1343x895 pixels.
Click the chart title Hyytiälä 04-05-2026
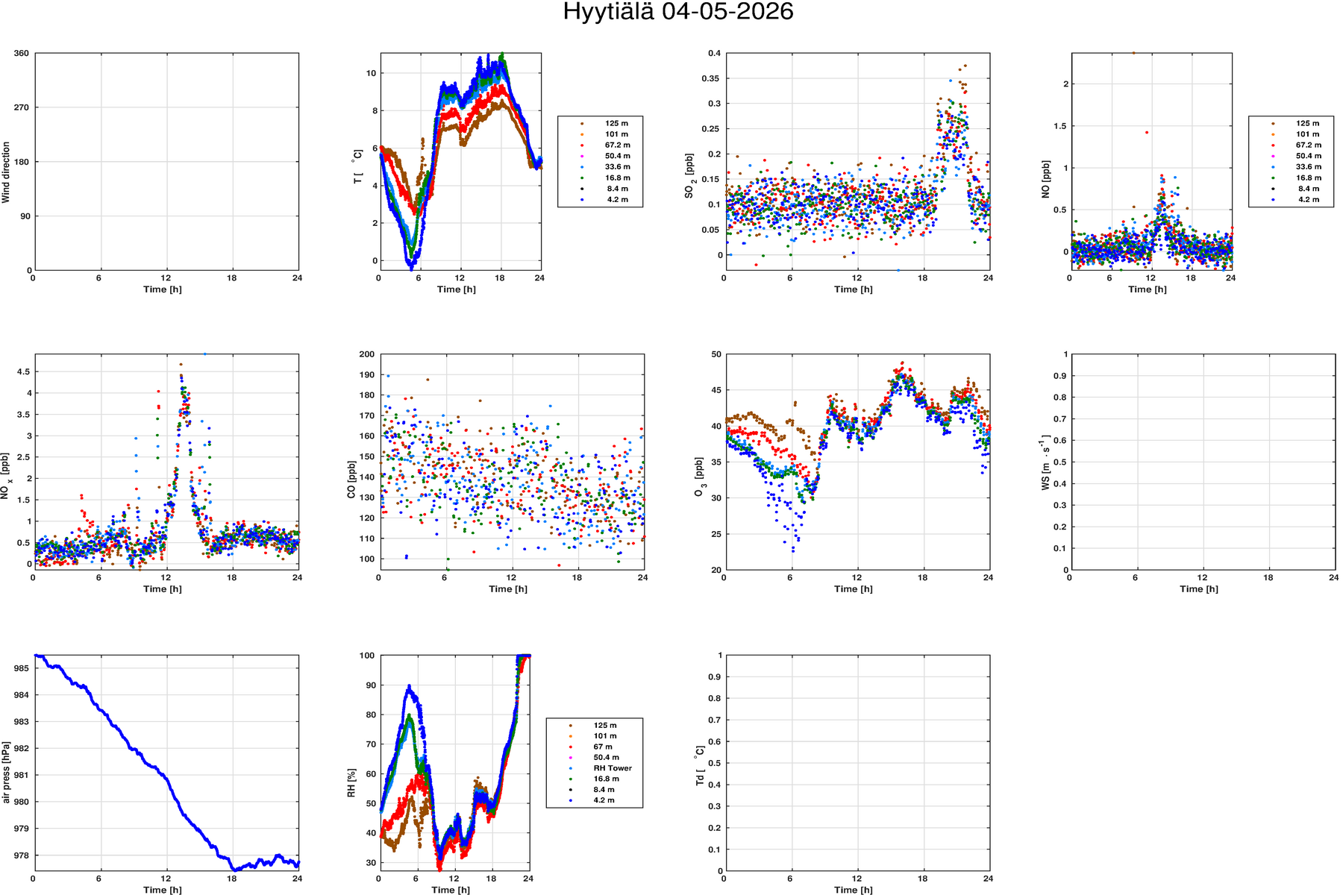(677, 12)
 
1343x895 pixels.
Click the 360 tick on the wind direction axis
(22, 54)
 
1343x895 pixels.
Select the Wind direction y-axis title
(6, 172)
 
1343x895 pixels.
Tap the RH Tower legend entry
(613, 768)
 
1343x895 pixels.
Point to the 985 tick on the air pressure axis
(22, 668)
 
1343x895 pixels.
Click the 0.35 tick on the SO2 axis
(712, 79)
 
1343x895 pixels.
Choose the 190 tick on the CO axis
(367, 375)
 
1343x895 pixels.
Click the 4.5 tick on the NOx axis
(23, 371)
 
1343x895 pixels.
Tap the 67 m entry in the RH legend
(603, 747)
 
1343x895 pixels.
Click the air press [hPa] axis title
(6, 772)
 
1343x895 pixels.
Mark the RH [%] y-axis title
(351, 783)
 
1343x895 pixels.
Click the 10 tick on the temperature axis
(371, 73)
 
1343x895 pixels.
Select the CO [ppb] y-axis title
(351, 480)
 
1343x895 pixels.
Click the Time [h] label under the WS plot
(1199, 589)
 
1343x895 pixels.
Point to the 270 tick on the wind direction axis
(22, 107)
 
